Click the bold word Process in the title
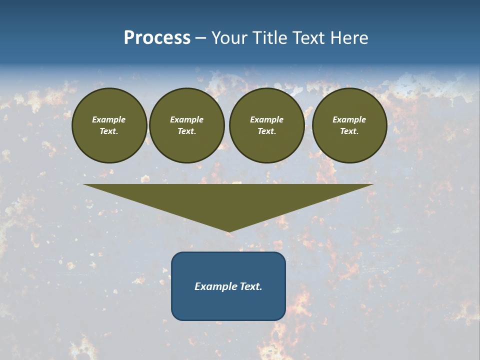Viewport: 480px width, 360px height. pos(157,38)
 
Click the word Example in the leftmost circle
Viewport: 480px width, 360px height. pos(109,119)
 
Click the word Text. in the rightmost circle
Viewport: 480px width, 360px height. pos(349,131)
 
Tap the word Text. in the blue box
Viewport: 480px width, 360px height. pos(250,286)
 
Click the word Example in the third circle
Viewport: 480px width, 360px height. pos(266,119)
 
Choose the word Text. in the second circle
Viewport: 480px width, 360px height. pos(187,131)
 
